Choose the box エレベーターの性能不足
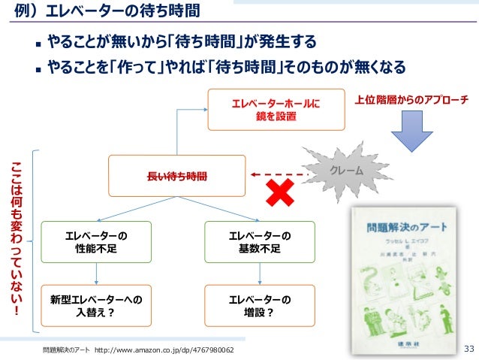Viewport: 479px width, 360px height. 96,242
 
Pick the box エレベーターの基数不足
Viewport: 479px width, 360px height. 260,242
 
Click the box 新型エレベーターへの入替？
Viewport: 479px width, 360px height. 96,306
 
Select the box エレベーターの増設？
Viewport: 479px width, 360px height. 260,306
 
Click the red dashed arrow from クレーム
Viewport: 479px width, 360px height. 277,175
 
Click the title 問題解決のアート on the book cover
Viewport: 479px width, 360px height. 396,225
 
